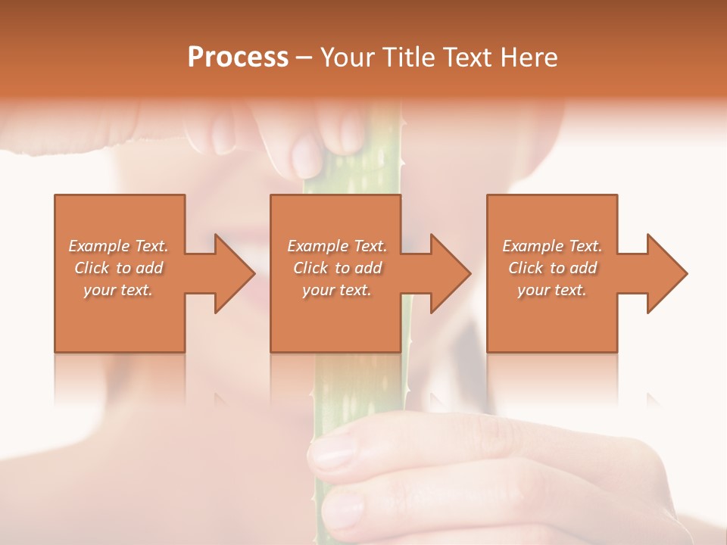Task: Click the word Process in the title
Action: (238, 58)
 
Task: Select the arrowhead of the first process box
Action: (234, 273)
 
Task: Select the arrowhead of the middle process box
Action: (450, 273)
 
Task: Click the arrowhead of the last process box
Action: (666, 273)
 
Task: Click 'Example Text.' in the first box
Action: (118, 246)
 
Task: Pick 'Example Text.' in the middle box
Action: (337, 246)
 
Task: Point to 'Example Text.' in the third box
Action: (552, 246)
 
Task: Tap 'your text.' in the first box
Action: (118, 290)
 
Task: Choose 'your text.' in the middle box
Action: (337, 290)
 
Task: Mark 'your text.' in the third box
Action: (552, 290)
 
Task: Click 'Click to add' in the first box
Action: (118, 268)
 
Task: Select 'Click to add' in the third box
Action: (552, 268)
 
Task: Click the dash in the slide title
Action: (304, 58)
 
